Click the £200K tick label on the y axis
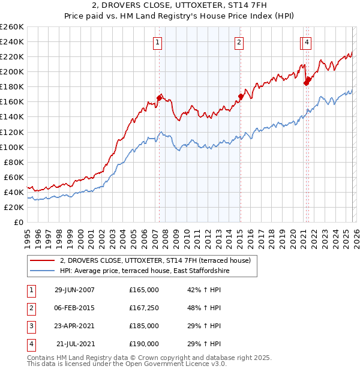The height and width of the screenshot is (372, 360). point(12,71)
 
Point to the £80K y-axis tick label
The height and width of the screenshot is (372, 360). point(14,162)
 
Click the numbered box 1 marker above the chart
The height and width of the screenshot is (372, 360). point(157,42)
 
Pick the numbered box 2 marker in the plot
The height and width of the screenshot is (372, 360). point(239,42)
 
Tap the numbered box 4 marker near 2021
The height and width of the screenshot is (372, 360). point(307,42)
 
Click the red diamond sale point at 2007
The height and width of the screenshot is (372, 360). point(160,97)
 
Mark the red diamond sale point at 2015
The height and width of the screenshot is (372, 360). point(241,96)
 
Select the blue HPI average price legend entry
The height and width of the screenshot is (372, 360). point(145,271)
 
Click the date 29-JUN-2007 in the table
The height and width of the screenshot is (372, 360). point(74,290)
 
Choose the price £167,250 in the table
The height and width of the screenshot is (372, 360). point(144,308)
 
